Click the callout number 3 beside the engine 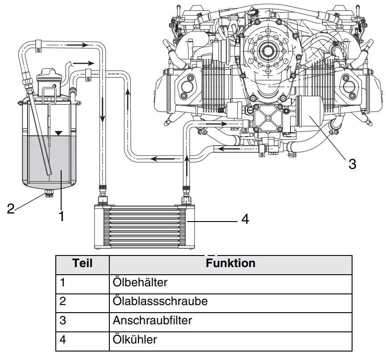pyautogui.click(x=352, y=164)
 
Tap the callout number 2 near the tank pyautogui.click(x=11, y=209)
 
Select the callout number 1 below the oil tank pyautogui.click(x=62, y=216)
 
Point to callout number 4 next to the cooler pyautogui.click(x=245, y=219)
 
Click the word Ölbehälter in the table pyautogui.click(x=140, y=282)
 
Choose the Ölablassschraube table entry pyautogui.click(x=160, y=301)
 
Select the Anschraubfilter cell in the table pyautogui.click(x=152, y=320)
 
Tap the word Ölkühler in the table pyautogui.click(x=135, y=339)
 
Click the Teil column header pyautogui.click(x=82, y=263)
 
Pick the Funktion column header pyautogui.click(x=230, y=263)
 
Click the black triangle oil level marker pyautogui.click(x=58, y=133)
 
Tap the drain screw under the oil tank pyautogui.click(x=49, y=193)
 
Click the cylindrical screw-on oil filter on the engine pyautogui.click(x=309, y=111)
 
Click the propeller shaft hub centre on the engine pyautogui.click(x=268, y=51)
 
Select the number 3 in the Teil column pyautogui.click(x=62, y=320)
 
